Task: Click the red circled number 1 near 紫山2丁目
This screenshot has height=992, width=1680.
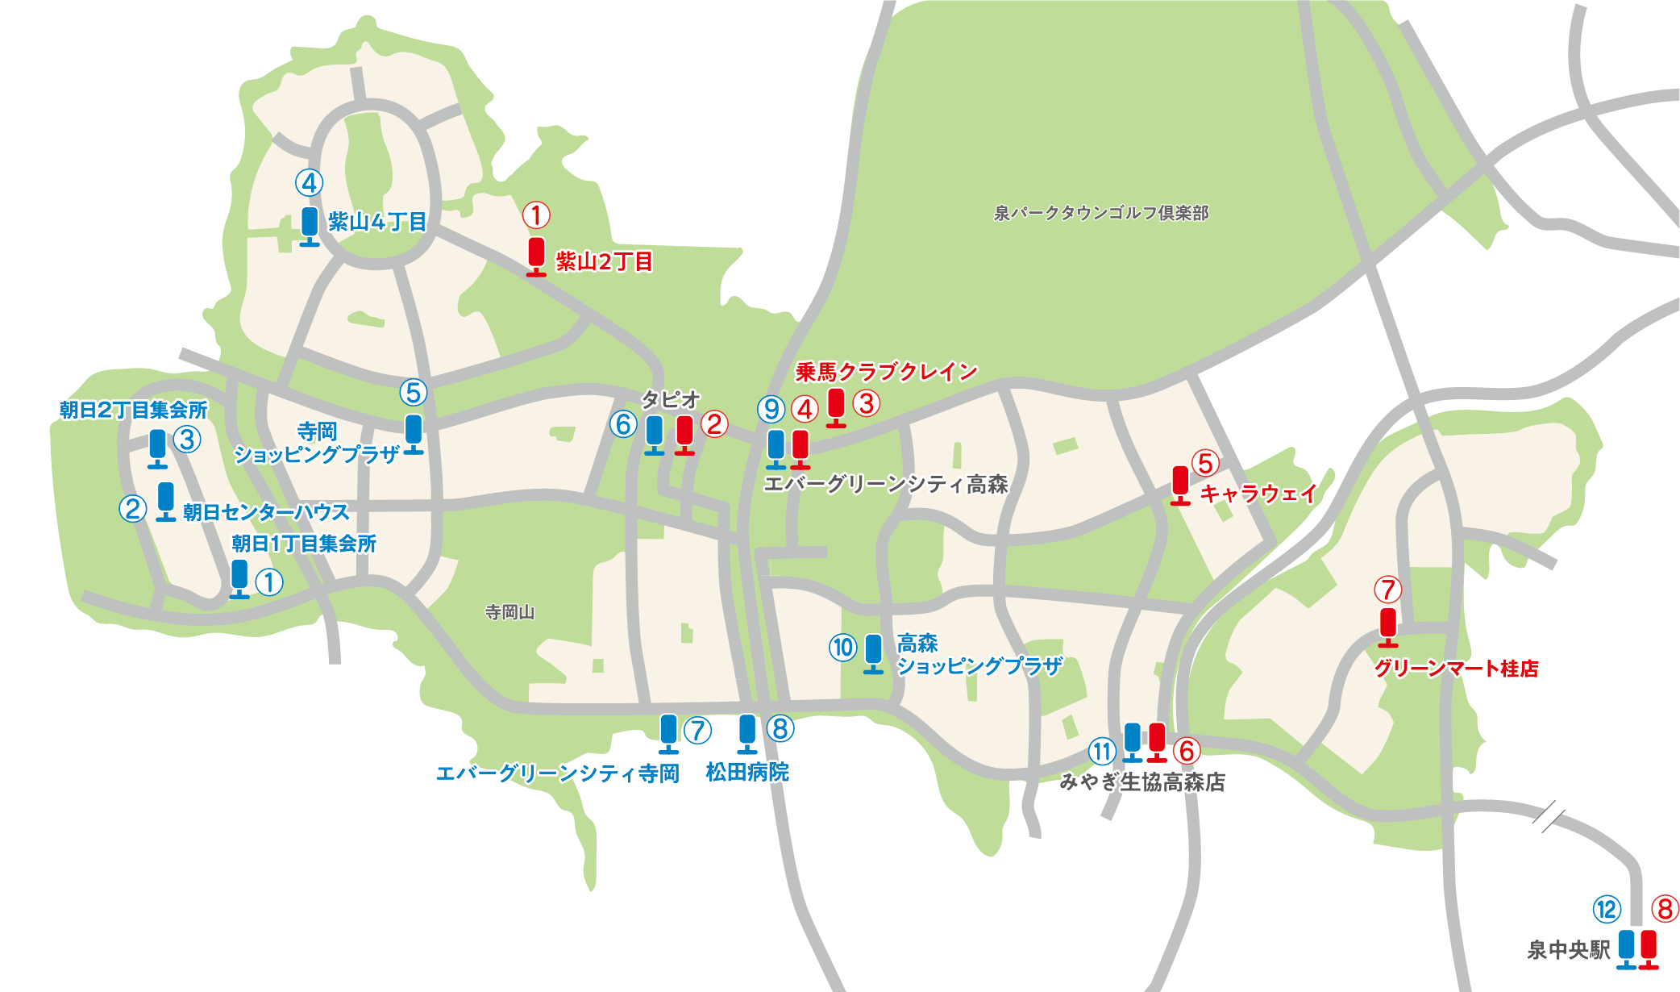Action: (536, 215)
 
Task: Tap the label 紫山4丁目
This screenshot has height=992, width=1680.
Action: (377, 222)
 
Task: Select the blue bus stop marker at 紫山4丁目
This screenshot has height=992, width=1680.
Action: (310, 225)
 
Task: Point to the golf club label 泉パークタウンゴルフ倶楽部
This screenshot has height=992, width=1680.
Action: (1101, 213)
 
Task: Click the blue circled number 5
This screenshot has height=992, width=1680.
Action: (414, 393)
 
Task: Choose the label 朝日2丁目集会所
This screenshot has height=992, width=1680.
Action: (134, 410)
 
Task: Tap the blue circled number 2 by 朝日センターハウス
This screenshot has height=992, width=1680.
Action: (133, 509)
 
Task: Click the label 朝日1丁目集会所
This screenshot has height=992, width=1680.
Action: (304, 544)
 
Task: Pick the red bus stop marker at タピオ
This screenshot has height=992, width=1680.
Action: (684, 434)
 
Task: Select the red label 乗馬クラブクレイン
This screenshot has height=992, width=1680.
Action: (886, 372)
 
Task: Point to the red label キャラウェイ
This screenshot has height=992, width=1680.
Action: (1258, 493)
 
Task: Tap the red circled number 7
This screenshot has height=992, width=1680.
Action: (1387, 590)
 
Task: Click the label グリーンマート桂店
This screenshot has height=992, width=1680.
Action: (1456, 669)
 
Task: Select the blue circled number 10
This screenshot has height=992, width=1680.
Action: (843, 648)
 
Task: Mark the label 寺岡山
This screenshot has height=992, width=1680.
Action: (509, 612)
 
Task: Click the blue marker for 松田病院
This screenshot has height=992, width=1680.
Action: (747, 733)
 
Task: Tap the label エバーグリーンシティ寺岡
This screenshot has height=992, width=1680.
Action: (557, 773)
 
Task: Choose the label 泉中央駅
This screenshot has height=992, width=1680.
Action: (1568, 950)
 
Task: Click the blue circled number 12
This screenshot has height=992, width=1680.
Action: (1607, 910)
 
